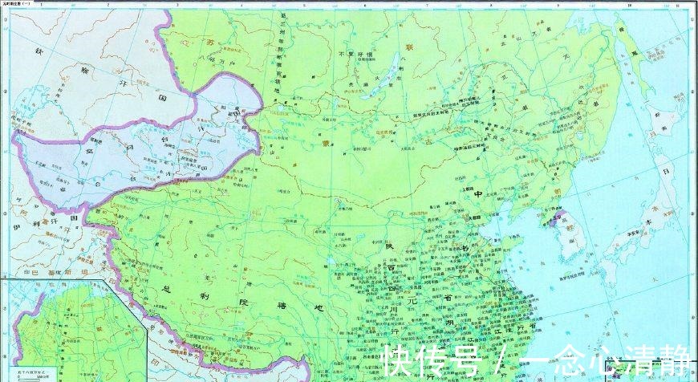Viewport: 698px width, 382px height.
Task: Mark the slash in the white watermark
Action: pyautogui.click(x=501, y=361)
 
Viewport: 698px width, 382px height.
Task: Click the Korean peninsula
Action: pyautogui.click(x=561, y=233)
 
